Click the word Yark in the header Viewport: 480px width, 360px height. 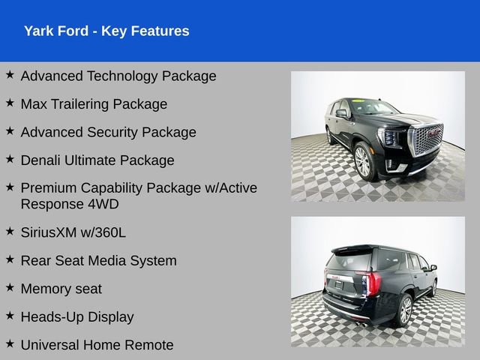coord(37,31)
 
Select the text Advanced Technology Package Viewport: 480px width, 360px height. coord(118,76)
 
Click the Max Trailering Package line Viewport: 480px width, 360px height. coord(94,103)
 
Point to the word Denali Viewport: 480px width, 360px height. coord(42,160)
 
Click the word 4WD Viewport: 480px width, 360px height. coord(102,204)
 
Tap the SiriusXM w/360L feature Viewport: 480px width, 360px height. coord(73,232)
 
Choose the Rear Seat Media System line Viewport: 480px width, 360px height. coord(98,260)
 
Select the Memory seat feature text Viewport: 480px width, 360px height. coord(61,289)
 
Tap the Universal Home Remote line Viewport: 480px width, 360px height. coord(97,345)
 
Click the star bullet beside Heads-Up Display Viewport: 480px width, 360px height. coord(10,316)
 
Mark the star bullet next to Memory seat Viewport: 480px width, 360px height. coord(10,288)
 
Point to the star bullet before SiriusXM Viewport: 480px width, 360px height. coord(10,232)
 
